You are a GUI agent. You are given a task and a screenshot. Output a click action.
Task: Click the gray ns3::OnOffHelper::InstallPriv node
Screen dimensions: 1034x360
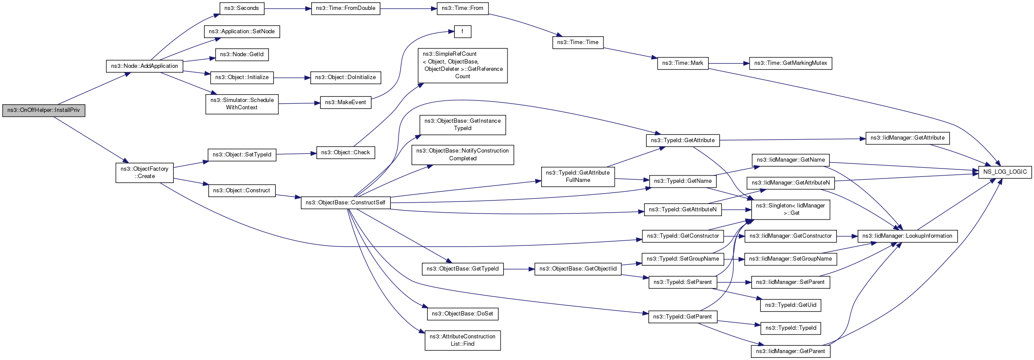44,110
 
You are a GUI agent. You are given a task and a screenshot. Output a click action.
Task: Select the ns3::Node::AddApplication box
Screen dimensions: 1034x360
144,66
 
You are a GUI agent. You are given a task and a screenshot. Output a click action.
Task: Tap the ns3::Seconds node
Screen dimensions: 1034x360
242,8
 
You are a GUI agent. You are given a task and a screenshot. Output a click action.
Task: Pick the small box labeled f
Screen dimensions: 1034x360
463,32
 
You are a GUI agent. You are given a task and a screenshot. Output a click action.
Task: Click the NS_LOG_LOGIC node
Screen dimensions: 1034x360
1005,172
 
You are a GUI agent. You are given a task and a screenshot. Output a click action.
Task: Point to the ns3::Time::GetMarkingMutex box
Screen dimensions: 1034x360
791,64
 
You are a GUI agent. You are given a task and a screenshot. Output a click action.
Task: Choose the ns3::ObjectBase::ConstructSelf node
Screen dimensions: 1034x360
345,203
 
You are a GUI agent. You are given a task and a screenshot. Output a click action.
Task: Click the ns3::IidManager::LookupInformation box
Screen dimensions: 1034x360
907,236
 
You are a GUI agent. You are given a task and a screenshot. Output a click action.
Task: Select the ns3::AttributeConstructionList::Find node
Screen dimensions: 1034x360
463,341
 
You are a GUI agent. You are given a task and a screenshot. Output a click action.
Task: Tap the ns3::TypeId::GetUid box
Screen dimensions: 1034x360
791,305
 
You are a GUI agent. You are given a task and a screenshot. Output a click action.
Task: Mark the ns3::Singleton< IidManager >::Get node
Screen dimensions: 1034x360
791,210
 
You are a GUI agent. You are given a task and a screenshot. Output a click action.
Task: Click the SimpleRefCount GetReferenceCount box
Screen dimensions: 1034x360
463,65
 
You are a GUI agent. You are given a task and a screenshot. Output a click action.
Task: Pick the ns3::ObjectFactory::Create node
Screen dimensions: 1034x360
144,172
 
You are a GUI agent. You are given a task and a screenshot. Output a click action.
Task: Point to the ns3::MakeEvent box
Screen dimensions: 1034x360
345,102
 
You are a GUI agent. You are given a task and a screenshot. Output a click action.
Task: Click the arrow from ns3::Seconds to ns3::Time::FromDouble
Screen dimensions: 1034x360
287,8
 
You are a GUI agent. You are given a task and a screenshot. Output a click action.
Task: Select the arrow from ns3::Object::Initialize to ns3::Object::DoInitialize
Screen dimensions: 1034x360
292,78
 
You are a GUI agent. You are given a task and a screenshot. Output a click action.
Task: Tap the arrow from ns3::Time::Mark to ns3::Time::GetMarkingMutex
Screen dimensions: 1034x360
729,64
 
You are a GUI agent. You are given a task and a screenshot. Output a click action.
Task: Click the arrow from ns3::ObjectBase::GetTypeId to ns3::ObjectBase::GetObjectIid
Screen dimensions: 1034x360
519,269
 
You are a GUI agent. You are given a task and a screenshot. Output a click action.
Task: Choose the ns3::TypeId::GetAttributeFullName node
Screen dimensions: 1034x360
578,177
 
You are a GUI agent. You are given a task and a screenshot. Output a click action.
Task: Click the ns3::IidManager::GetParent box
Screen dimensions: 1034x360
791,351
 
